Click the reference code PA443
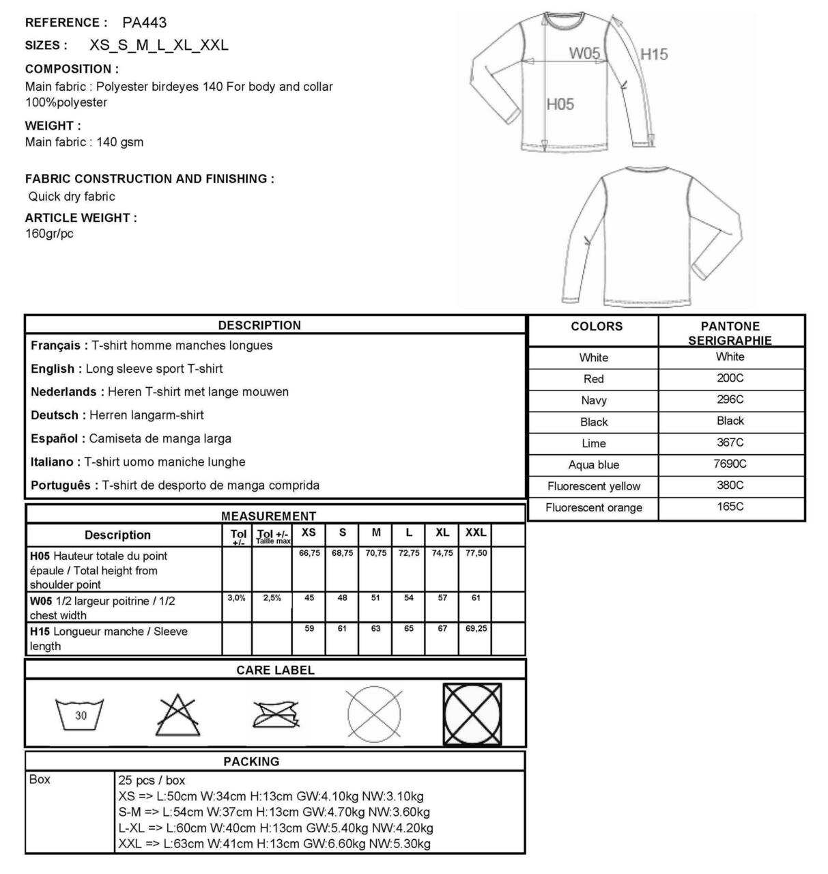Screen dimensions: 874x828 (144, 23)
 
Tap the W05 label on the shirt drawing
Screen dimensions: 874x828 (585, 53)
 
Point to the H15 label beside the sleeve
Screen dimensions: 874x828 (654, 54)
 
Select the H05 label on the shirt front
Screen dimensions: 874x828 (560, 104)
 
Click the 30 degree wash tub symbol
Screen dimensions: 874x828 (81, 714)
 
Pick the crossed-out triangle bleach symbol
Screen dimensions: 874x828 (178, 714)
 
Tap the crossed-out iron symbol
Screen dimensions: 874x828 (275, 714)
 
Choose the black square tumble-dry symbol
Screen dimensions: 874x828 (472, 714)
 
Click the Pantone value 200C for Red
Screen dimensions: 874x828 (730, 378)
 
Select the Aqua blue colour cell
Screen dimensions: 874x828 (594, 465)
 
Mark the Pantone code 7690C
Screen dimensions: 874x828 (730, 464)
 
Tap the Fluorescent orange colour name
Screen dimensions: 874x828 (594, 508)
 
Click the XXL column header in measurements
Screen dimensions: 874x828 (476, 533)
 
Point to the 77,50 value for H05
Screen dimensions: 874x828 (476, 553)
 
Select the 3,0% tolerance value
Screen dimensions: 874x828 (236, 598)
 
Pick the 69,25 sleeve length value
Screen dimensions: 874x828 (476, 628)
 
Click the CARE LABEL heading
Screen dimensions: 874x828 (275, 671)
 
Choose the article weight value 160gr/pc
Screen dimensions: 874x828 (49, 234)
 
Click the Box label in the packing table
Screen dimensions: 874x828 (40, 780)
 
